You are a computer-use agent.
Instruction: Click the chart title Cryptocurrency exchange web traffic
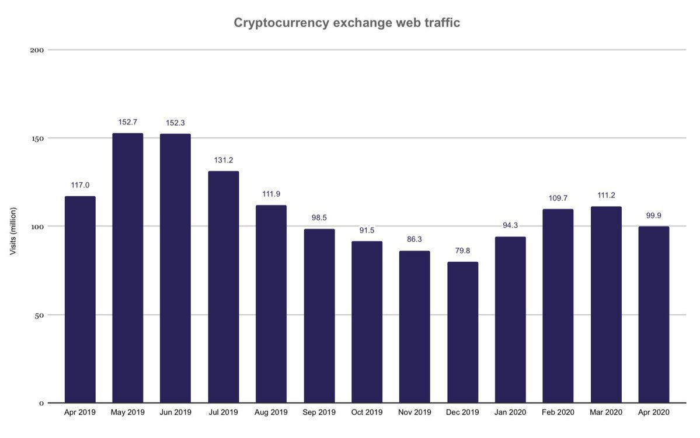347,23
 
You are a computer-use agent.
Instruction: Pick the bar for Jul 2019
223,286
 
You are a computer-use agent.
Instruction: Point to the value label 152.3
175,123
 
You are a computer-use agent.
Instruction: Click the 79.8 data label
462,251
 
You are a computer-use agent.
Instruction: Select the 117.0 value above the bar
80,185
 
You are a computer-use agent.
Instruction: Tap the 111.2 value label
605,195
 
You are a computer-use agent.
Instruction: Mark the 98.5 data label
319,217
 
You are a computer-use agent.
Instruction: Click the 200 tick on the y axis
37,50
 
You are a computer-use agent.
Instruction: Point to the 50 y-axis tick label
40,315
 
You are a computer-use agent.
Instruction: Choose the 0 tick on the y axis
41,403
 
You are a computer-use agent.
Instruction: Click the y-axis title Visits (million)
13,231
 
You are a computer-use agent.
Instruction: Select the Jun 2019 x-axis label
175,412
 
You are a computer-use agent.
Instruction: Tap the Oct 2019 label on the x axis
367,412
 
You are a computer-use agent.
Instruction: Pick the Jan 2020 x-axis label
510,412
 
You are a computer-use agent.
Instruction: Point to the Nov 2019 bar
415,326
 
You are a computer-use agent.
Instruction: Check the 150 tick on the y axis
37,138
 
